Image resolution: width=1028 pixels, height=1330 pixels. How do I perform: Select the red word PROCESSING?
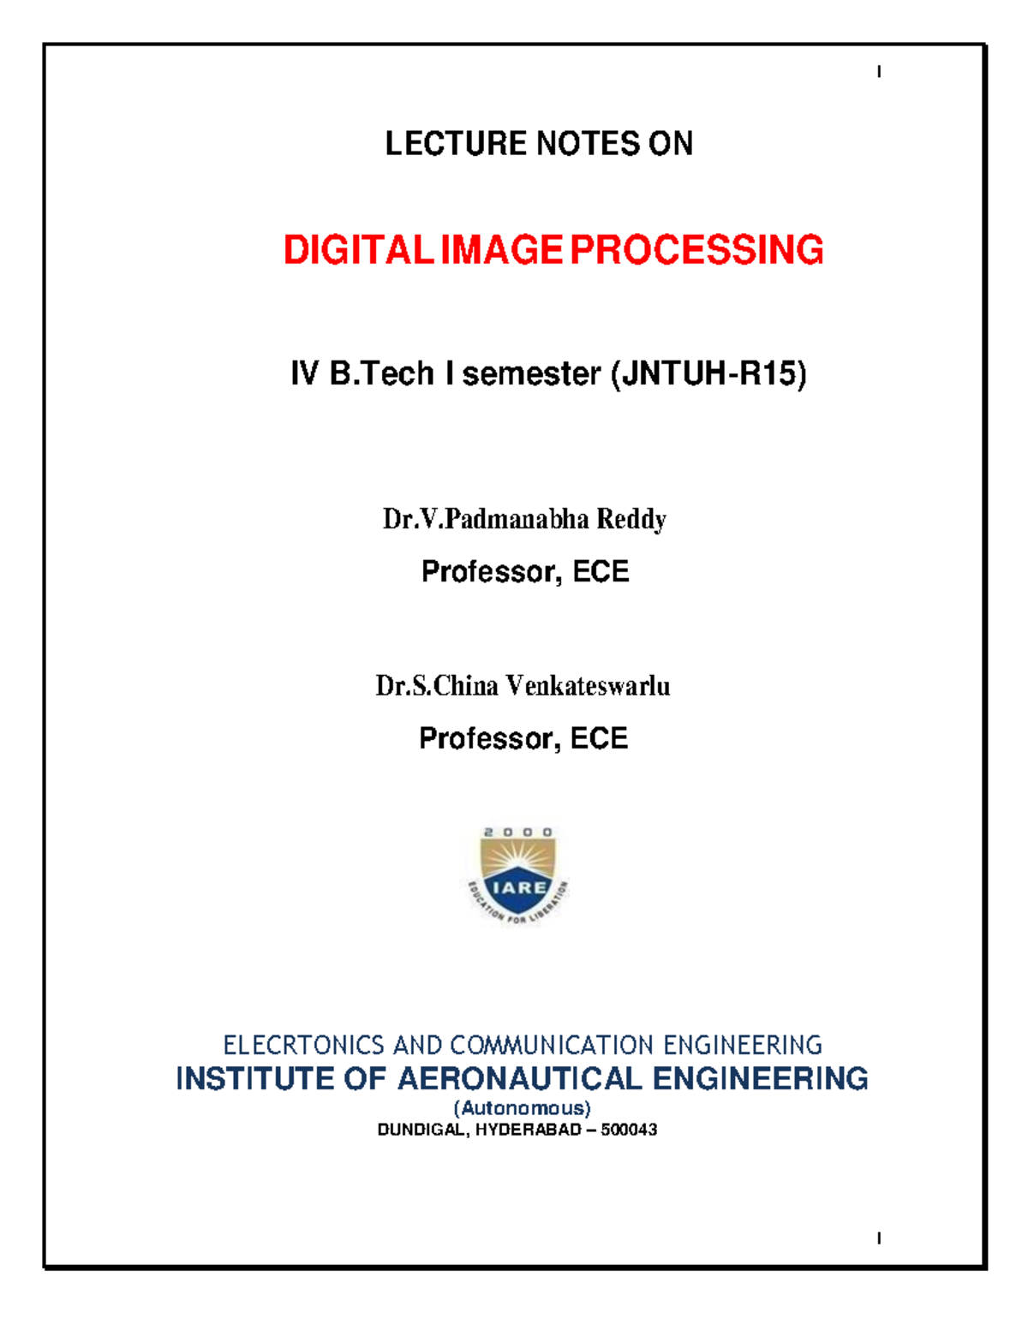696,250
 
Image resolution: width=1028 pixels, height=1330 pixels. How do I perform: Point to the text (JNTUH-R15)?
708,374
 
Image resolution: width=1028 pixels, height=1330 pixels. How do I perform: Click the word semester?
531,374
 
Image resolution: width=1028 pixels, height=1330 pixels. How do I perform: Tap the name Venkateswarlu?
588,686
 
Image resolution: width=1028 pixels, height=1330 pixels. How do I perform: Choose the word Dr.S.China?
437,686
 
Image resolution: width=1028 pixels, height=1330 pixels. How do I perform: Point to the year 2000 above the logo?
517,832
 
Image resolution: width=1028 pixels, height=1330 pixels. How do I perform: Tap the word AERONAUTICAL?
519,1079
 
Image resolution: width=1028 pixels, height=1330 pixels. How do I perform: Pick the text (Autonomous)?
522,1108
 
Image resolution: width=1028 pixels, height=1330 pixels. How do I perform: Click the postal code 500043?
629,1130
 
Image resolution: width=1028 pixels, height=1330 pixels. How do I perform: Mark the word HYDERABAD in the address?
529,1130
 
